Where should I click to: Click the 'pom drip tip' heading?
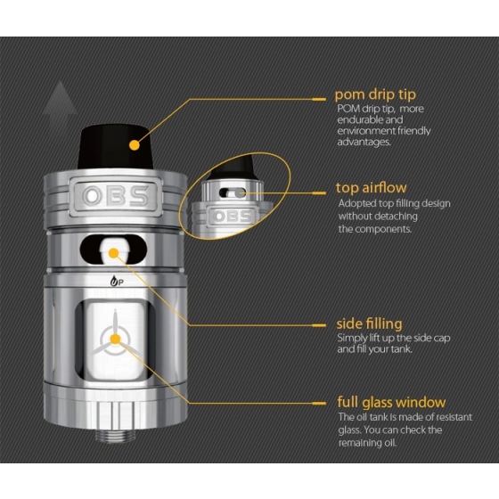point(375,94)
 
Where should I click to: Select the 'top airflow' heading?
point(371,188)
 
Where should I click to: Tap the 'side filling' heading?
point(369,324)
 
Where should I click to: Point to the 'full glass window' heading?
point(391,403)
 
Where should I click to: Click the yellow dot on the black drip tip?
point(135,145)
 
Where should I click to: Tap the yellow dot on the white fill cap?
point(114,253)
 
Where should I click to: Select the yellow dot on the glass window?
point(116,339)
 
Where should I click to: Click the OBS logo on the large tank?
point(115,196)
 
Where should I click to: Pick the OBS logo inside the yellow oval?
point(232,217)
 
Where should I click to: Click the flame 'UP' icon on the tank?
point(117,282)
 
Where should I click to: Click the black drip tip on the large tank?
point(115,146)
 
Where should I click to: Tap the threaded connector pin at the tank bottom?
point(115,435)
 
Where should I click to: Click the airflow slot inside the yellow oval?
point(233,192)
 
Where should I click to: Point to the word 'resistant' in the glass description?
point(454,417)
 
